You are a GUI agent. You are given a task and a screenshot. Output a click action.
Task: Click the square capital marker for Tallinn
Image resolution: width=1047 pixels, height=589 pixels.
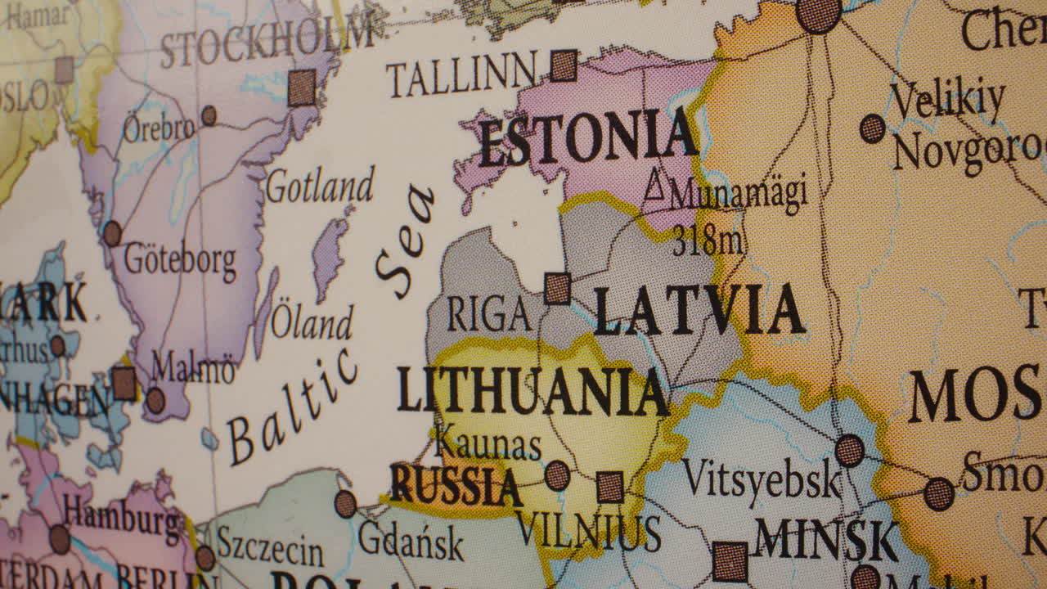tap(563, 65)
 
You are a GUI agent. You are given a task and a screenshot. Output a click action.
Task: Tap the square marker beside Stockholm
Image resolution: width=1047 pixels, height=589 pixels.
tap(302, 88)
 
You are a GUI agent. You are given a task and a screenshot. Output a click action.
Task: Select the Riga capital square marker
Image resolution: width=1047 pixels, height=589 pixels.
tap(558, 289)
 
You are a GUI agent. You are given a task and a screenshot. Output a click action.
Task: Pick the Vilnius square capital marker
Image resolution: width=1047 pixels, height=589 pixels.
tap(609, 487)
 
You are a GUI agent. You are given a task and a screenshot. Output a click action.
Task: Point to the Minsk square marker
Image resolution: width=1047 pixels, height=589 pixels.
tap(730, 562)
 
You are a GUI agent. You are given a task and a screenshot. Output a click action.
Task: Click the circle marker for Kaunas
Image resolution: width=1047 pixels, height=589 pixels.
tap(557, 475)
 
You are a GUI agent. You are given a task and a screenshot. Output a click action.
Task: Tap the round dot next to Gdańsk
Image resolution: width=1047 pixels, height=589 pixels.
tap(345, 503)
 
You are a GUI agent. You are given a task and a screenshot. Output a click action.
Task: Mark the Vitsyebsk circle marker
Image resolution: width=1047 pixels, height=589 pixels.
tap(849, 451)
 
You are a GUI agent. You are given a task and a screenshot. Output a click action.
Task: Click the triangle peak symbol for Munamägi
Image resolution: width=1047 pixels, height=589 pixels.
tap(654, 186)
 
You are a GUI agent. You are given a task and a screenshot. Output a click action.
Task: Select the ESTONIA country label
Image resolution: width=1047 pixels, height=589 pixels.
tap(587, 140)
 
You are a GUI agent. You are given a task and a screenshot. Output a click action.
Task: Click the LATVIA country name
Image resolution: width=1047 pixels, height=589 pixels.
tap(699, 311)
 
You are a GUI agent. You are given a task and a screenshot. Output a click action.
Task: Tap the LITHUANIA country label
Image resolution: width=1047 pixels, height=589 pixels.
tap(532, 391)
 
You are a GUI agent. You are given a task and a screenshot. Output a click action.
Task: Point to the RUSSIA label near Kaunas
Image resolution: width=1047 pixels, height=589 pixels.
tap(455, 485)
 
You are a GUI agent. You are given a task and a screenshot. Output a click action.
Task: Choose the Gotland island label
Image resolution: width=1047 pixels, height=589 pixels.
tap(320, 186)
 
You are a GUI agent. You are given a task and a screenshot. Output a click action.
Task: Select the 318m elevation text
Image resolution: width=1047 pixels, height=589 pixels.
tap(707, 241)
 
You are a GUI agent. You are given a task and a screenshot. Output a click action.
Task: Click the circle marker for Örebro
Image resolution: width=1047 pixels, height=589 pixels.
tap(209, 115)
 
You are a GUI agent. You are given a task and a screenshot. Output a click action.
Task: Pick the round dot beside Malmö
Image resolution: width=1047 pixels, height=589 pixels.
tap(155, 400)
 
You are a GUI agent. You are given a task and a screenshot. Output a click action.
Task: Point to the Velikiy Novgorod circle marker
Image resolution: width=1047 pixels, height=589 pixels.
tap(872, 128)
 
